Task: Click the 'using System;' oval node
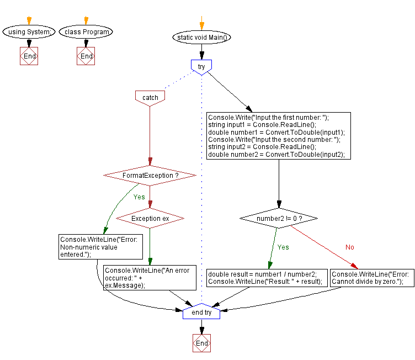(x=29, y=31)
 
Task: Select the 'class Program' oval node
(x=86, y=31)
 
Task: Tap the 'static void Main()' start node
(x=201, y=38)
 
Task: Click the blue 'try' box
(x=201, y=66)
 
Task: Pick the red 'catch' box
(x=150, y=97)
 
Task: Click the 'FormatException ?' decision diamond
(x=150, y=176)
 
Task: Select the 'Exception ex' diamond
(x=150, y=219)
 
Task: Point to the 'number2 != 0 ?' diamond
(x=279, y=219)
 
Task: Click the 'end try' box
(x=201, y=312)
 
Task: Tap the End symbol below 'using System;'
(x=29, y=56)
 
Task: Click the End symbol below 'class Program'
(x=86, y=56)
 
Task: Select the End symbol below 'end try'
(x=202, y=343)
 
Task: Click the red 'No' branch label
(x=349, y=247)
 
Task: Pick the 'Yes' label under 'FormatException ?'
(x=139, y=197)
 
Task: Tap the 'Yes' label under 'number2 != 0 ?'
(x=283, y=247)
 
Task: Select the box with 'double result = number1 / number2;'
(x=265, y=278)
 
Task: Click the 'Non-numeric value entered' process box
(x=92, y=247)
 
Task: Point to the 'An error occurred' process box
(x=150, y=278)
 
